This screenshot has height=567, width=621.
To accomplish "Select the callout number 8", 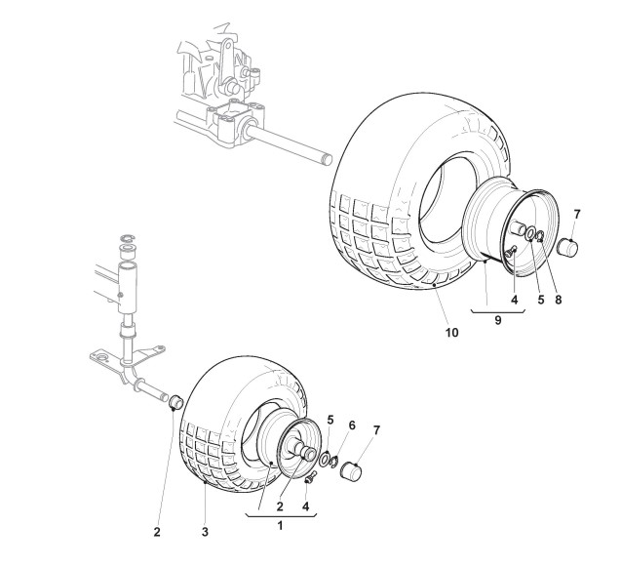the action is coord(557,301).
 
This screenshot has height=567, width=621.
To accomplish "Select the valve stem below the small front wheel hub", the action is coord(312,475).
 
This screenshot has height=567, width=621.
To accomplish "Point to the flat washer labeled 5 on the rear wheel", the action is coord(529,235).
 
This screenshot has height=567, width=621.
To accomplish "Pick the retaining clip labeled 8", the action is coord(540,239).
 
